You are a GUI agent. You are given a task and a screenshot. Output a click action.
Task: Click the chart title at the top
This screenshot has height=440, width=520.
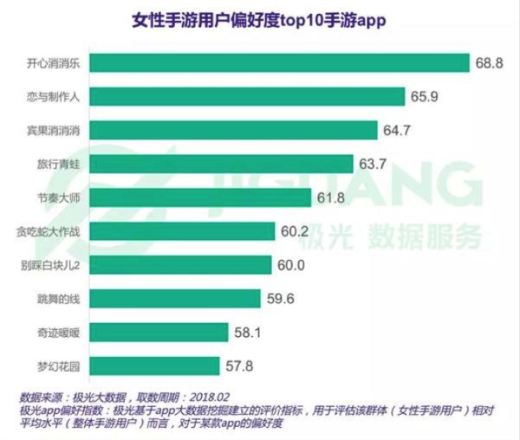pos(260,19)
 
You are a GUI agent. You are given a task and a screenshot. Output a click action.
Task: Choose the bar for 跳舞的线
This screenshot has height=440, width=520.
pos(173,298)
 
